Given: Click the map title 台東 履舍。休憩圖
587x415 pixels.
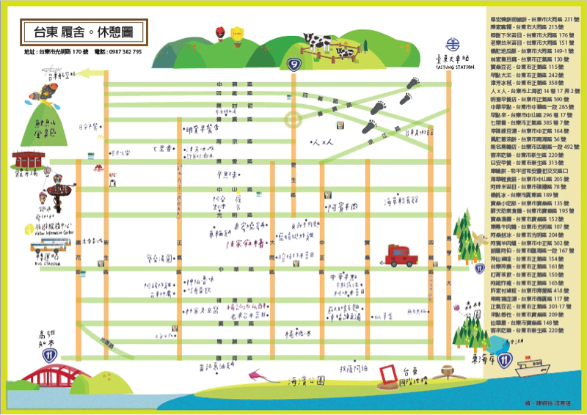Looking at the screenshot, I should click(83, 32).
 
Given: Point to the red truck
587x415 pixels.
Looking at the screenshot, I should click(397, 256).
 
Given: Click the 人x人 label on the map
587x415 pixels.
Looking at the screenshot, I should click(323, 142).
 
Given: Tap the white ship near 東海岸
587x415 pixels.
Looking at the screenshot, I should click(529, 365).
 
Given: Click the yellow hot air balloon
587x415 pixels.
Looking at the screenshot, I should click(236, 33).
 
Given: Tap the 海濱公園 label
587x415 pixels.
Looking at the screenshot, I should click(302, 382).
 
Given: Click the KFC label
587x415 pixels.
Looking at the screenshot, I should click(113, 175).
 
